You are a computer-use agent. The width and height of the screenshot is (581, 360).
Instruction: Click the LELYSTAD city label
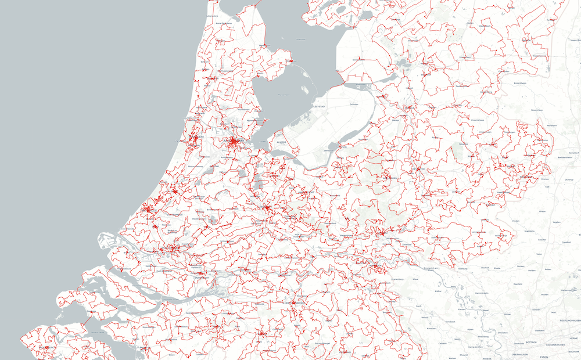coord(319,107)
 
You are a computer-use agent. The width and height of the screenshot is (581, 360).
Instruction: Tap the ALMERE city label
coord(282,141)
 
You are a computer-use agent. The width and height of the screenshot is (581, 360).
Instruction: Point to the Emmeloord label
coord(358,59)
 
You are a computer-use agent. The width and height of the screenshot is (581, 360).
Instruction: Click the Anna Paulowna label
coord(224,23)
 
